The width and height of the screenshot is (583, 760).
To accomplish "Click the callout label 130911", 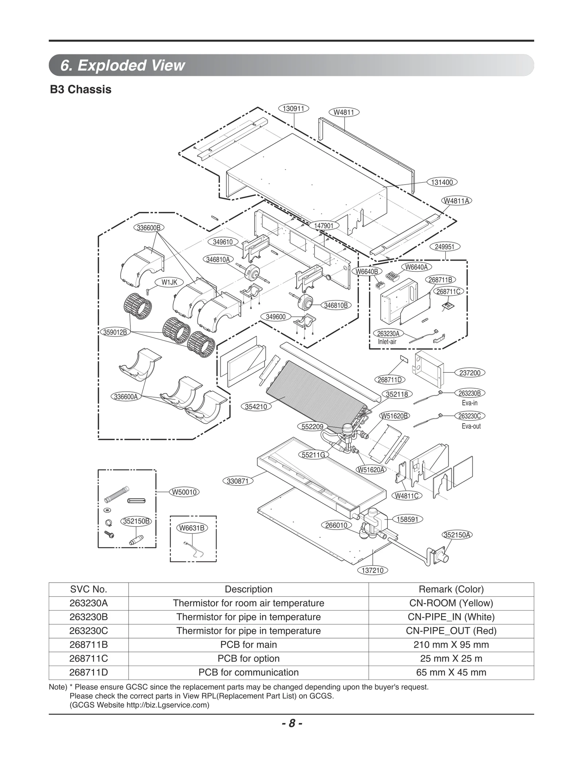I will pyautogui.click(x=293, y=109).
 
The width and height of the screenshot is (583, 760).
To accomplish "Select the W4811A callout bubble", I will pyautogui.click(x=456, y=201).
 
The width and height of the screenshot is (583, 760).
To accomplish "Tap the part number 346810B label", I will pyautogui.click(x=336, y=305).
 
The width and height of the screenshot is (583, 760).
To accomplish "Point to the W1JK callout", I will pyautogui.click(x=169, y=282).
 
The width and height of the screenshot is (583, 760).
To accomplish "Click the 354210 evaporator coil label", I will pyautogui.click(x=256, y=406).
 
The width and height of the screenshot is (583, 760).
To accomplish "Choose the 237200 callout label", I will pyautogui.click(x=470, y=373).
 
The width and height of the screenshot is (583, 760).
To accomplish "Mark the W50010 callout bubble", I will pyautogui.click(x=184, y=492).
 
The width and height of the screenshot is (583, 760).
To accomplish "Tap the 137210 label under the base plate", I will pyautogui.click(x=372, y=570).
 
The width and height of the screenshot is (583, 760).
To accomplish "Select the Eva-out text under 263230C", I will pyautogui.click(x=471, y=426).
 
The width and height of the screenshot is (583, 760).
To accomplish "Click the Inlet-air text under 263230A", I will pyautogui.click(x=387, y=342).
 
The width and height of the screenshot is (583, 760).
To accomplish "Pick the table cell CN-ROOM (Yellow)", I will pyautogui.click(x=451, y=603).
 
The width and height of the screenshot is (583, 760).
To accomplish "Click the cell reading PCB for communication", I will pyautogui.click(x=248, y=672).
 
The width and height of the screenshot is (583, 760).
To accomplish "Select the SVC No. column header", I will pyautogui.click(x=89, y=589).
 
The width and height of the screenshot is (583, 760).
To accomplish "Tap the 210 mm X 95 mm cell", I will pyautogui.click(x=451, y=644).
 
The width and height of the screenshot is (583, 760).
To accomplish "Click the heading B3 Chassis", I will pyautogui.click(x=81, y=89).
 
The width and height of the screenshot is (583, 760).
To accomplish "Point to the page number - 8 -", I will pyautogui.click(x=291, y=723).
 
